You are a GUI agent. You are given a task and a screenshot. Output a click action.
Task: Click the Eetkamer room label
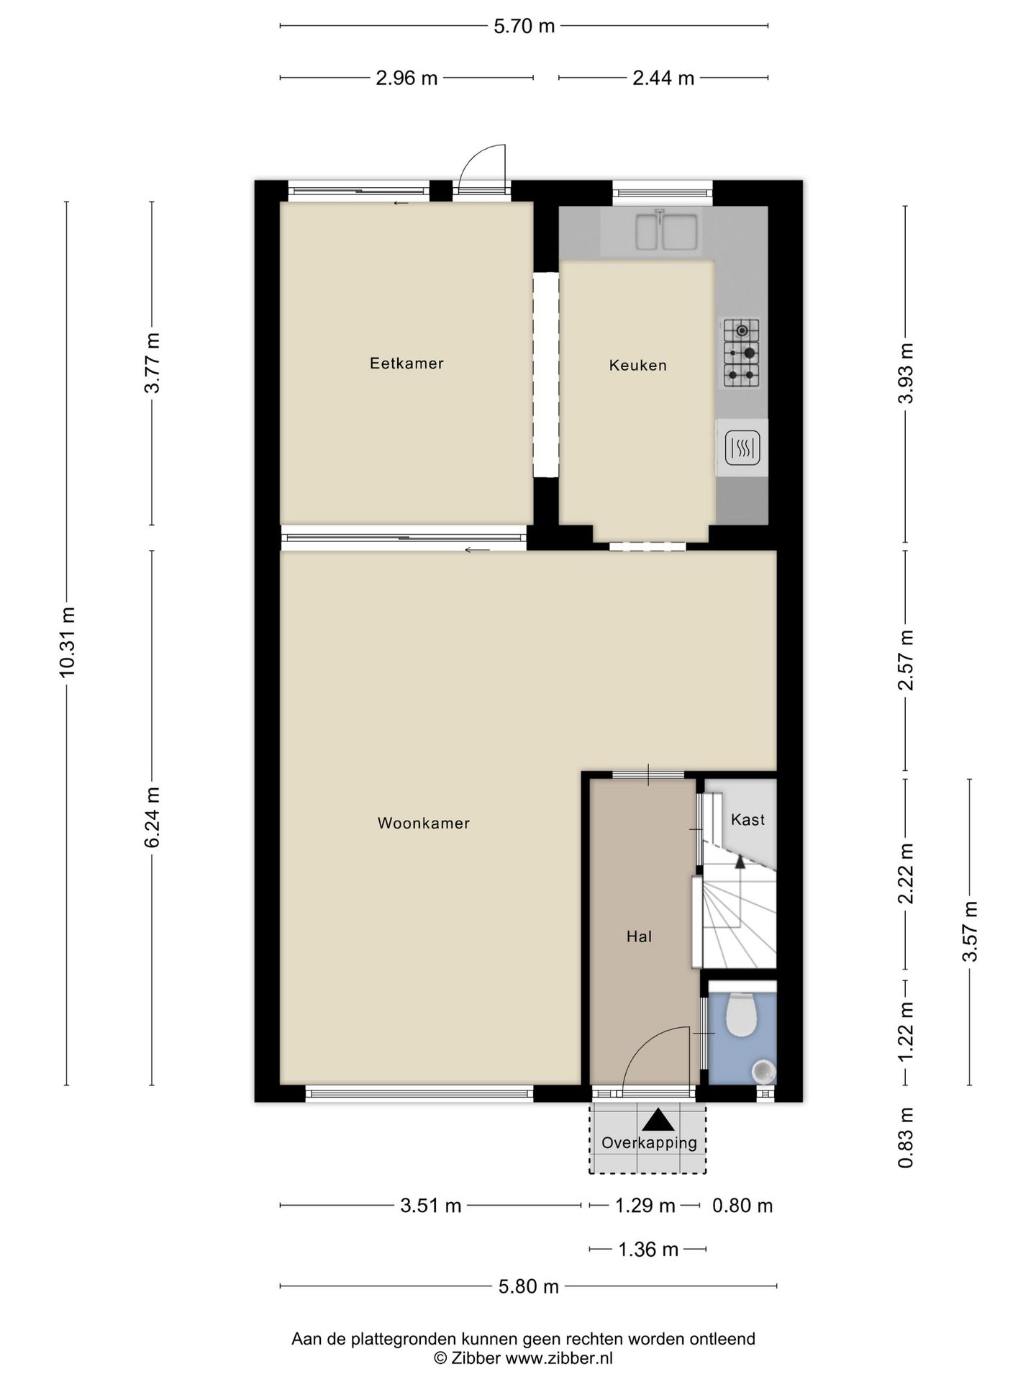(x=406, y=363)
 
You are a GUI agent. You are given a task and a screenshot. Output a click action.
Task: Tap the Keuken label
(x=638, y=366)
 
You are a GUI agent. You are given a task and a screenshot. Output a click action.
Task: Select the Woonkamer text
(x=424, y=823)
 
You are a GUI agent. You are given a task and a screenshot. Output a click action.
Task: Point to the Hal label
(x=639, y=936)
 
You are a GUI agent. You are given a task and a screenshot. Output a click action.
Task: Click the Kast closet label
(x=748, y=819)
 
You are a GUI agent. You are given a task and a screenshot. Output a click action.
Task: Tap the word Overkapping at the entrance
(x=650, y=1142)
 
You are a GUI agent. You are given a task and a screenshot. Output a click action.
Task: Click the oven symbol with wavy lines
(x=742, y=448)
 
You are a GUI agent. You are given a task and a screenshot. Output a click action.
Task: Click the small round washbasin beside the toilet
(x=763, y=1072)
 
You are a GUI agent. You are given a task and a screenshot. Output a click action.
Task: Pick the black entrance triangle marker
(x=658, y=1120)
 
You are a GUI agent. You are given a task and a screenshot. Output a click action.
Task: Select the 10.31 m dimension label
(x=68, y=642)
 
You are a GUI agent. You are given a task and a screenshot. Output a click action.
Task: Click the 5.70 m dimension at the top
(x=524, y=27)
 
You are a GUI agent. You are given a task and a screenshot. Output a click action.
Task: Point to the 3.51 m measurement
(x=431, y=1205)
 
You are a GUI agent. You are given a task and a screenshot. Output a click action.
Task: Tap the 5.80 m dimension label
(x=529, y=1286)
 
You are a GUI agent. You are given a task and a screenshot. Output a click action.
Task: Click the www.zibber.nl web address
(x=559, y=1358)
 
